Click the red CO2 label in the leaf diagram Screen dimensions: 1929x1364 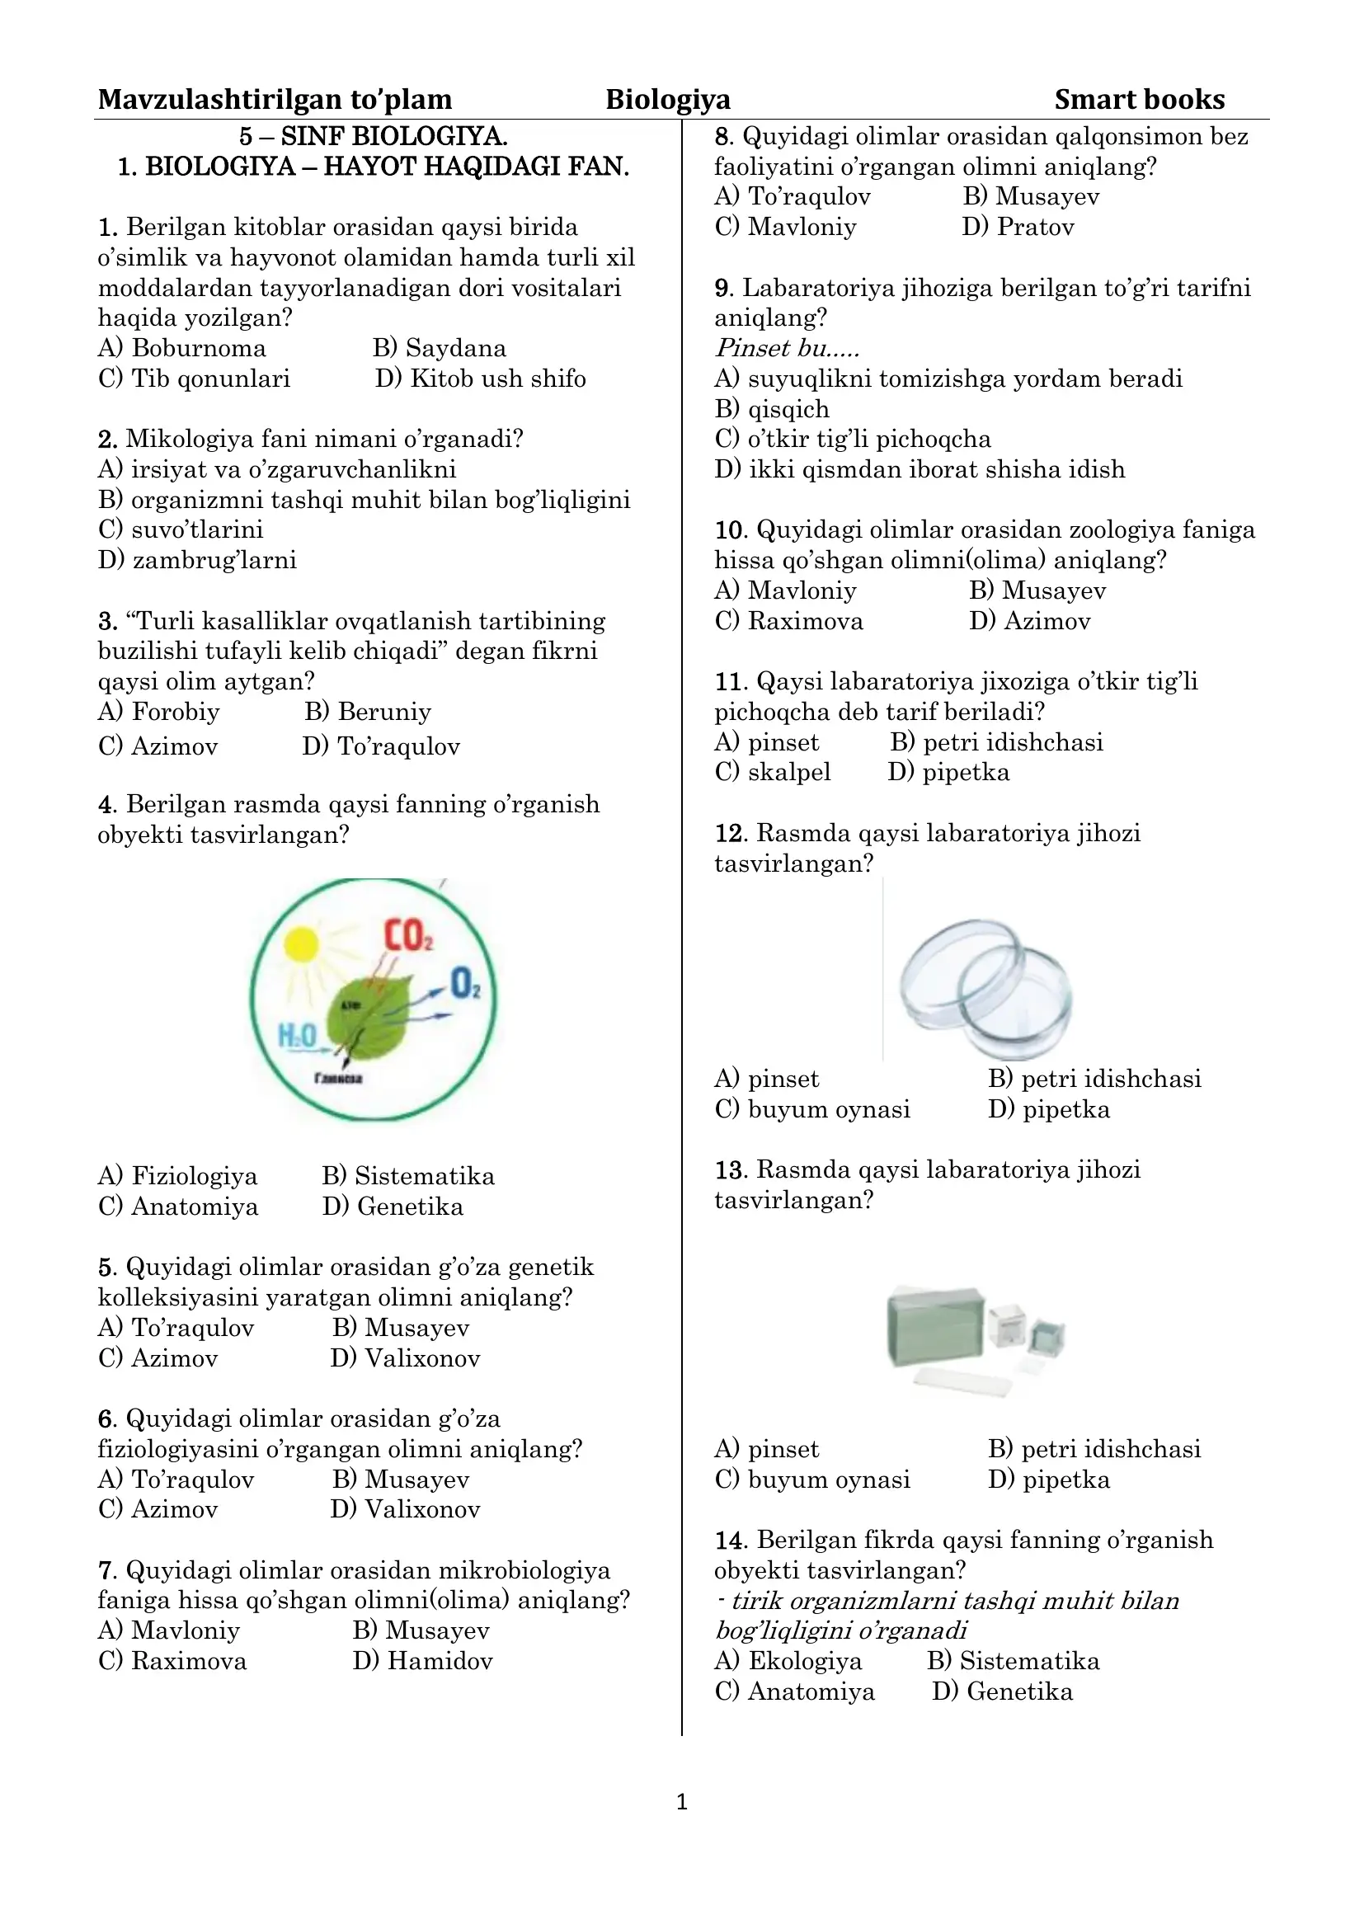408,935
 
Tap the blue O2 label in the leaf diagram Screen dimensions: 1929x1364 465,983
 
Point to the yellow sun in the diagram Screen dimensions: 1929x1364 302,944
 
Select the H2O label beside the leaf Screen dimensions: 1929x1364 298,1036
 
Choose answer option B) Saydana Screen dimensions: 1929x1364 440,348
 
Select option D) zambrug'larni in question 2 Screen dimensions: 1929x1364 197,559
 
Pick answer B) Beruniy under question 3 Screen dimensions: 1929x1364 368,712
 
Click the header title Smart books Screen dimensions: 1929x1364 1139,100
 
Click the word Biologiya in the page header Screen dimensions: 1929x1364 668,100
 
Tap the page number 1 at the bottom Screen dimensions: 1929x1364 681,1801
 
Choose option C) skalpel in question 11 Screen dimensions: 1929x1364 773,772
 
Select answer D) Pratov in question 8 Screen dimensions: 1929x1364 1018,227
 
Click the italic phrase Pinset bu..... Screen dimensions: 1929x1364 787,348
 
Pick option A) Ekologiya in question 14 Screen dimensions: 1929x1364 788,1661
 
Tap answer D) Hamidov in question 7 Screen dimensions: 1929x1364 422,1661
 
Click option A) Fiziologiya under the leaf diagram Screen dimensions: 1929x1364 178,1176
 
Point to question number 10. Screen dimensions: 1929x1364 730,530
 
